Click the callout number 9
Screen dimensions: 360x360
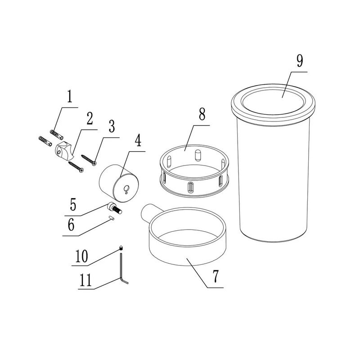tap(300, 61)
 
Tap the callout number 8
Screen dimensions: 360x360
tap(202, 114)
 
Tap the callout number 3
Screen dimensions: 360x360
tap(112, 126)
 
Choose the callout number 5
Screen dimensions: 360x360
tap(73, 204)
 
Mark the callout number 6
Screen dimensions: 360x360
tap(71, 225)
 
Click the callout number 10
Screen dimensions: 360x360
tap(81, 256)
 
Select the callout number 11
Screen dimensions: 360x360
tap(85, 280)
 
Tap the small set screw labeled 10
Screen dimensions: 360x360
tap(121, 248)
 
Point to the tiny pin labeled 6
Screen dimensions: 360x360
tap(112, 217)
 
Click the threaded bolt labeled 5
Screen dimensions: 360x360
tap(115, 208)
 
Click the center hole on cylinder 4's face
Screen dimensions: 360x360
tap(126, 189)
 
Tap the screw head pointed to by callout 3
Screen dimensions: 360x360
tap(94, 163)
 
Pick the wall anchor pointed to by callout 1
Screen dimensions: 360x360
tap(57, 134)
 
